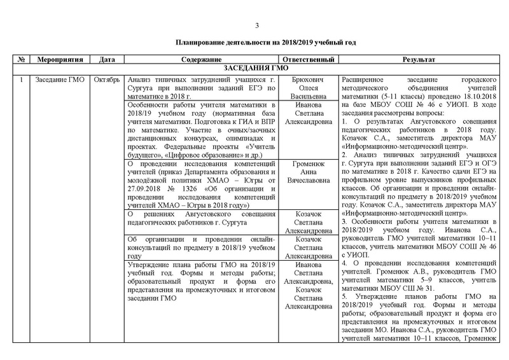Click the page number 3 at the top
click(257, 25)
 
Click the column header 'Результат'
click(418, 59)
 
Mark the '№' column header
click(22, 59)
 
